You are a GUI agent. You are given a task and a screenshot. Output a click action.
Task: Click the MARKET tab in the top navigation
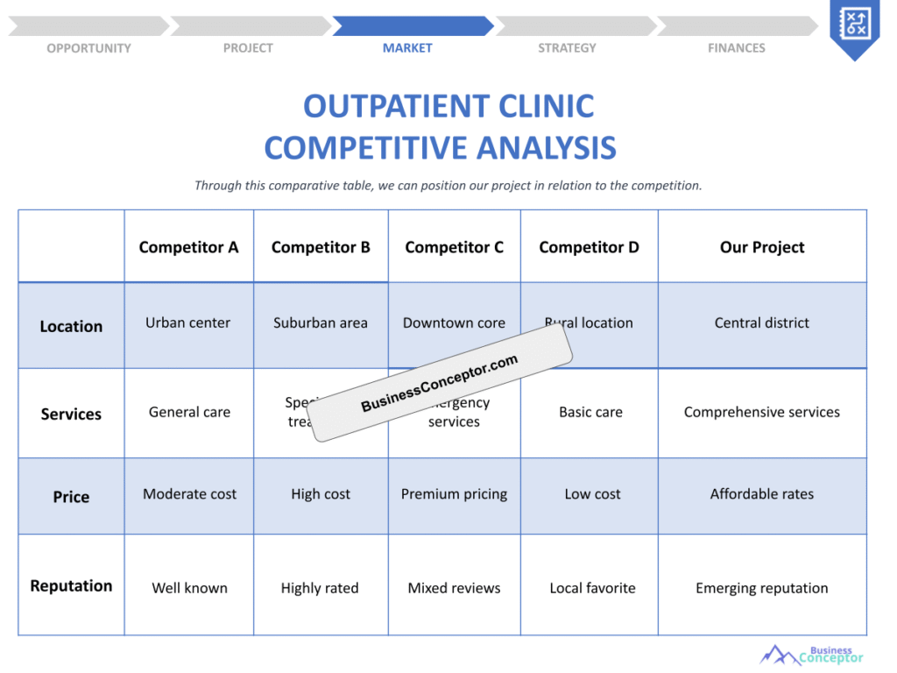click(x=407, y=48)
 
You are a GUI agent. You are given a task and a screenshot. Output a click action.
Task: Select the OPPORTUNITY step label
click(x=88, y=48)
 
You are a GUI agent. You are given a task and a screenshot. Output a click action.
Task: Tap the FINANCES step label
click(x=736, y=48)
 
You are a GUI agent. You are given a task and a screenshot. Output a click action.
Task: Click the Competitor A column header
click(x=188, y=247)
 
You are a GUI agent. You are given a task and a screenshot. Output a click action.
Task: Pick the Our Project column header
click(x=762, y=247)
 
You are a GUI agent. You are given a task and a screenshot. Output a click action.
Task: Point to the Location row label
click(x=71, y=326)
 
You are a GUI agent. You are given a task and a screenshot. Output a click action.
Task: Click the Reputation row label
click(x=71, y=585)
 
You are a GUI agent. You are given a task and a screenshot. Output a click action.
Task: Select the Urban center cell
click(x=188, y=322)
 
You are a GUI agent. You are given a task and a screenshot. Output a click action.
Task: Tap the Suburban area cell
click(x=321, y=322)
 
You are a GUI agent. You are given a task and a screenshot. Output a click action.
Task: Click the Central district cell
click(x=762, y=322)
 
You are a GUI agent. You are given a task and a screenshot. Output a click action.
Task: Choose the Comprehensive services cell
click(x=762, y=412)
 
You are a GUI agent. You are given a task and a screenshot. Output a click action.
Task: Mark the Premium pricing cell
click(x=454, y=494)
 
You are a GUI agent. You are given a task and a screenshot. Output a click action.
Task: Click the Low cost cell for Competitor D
click(x=592, y=494)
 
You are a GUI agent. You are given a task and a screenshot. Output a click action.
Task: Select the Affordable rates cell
click(x=762, y=494)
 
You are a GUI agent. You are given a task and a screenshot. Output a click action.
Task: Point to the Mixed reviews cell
click(x=454, y=588)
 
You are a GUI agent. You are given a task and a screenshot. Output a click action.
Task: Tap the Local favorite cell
click(x=592, y=588)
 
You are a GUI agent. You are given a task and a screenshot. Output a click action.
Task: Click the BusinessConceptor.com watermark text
click(x=440, y=383)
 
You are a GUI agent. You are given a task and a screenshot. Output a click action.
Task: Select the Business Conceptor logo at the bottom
click(x=812, y=655)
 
